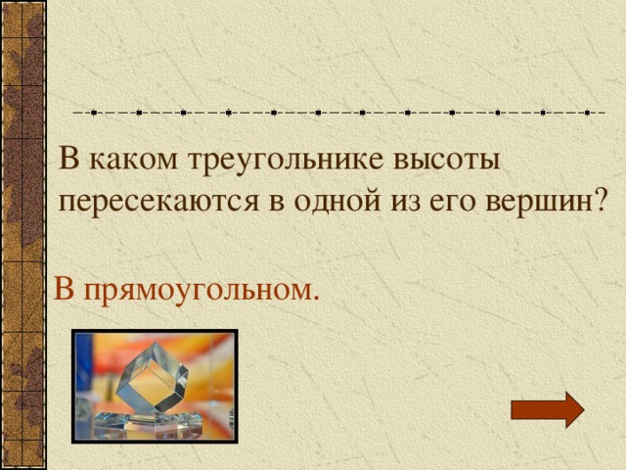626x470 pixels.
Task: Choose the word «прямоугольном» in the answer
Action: (199, 291)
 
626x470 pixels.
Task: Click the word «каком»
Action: (124, 161)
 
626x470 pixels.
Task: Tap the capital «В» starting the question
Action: (68, 159)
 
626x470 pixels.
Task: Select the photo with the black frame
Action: (154, 385)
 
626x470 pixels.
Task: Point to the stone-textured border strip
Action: (22, 235)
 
